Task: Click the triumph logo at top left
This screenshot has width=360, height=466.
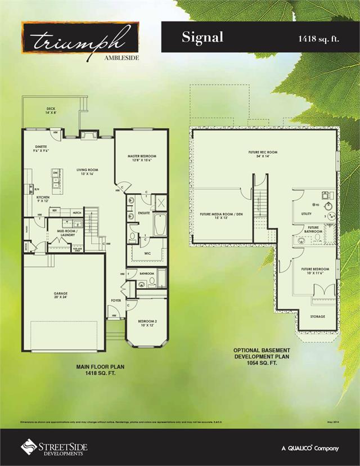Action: point(80,40)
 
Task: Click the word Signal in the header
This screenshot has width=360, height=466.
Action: point(202,37)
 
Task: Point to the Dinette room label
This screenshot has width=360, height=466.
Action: point(40,148)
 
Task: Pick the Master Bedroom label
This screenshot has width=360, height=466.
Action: point(142,158)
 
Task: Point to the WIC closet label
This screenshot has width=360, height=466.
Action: point(147,253)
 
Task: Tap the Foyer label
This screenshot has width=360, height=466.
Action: point(116,301)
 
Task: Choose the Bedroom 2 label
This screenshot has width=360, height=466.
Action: point(147,323)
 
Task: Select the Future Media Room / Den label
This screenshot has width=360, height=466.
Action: point(221,216)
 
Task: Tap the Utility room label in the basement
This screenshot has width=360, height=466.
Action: point(307,214)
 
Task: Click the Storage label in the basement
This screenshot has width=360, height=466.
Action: point(318,316)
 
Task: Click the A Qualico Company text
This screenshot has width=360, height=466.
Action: point(310,448)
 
